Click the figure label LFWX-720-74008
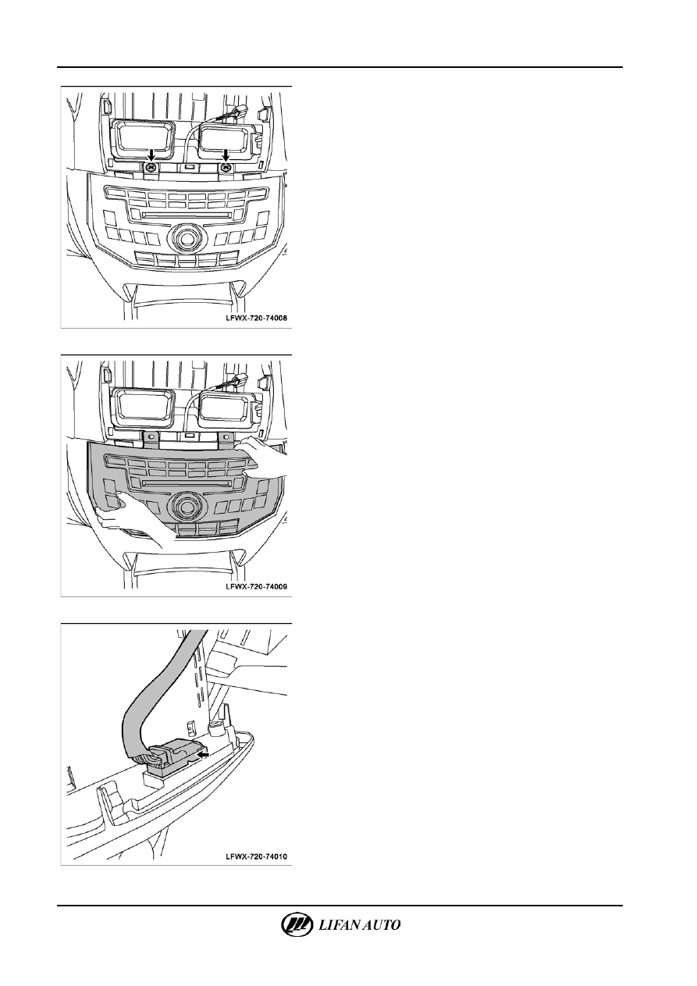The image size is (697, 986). (x=256, y=318)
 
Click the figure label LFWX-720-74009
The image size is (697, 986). (x=256, y=586)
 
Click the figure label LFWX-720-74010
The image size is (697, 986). (x=256, y=856)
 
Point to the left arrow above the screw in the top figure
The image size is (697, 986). (x=151, y=155)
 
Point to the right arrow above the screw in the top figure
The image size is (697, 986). (x=226, y=155)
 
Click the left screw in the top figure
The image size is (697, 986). (x=151, y=167)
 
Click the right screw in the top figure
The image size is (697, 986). (x=226, y=167)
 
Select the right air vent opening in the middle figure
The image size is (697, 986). (x=226, y=407)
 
